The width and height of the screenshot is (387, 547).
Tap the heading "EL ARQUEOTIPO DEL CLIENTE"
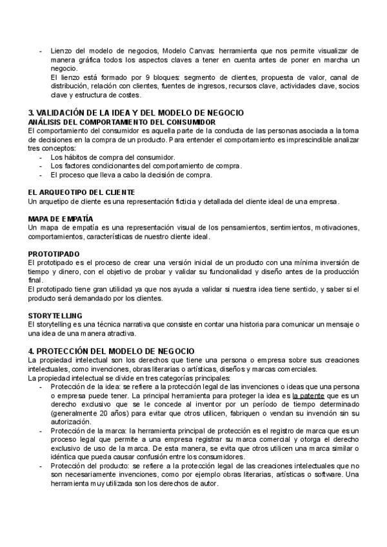[x=82, y=192]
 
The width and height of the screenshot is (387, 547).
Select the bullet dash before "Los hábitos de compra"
[x=42, y=157]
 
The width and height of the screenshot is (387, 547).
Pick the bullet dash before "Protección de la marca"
[x=42, y=429]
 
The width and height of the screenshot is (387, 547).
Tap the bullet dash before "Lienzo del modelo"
[x=42, y=50]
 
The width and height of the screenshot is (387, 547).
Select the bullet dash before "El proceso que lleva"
[x=42, y=174]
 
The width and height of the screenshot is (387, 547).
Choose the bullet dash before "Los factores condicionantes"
[x=42, y=166]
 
